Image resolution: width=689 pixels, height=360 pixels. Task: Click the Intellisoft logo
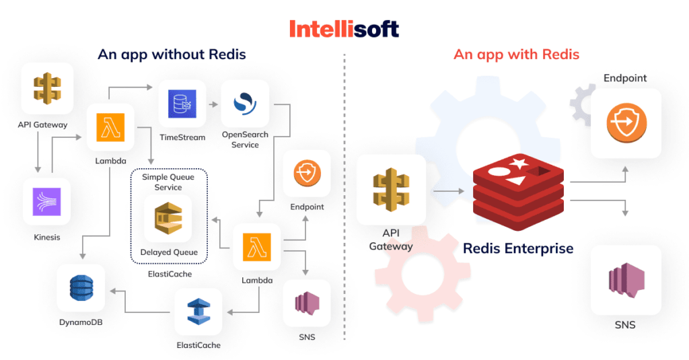click(x=344, y=28)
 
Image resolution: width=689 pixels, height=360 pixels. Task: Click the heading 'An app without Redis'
click(x=172, y=55)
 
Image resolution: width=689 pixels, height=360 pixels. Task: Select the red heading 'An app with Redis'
click(x=516, y=55)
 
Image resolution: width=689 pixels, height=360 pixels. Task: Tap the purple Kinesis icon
click(x=46, y=202)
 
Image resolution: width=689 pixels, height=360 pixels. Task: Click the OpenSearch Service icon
click(x=245, y=104)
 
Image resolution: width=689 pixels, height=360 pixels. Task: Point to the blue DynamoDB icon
click(x=81, y=289)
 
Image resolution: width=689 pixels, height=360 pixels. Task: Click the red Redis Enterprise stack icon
click(x=518, y=190)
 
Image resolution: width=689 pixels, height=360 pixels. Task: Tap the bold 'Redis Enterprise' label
click(x=518, y=248)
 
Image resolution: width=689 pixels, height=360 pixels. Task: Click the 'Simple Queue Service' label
click(x=168, y=182)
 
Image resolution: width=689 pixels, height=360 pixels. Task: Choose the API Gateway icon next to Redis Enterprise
click(x=391, y=190)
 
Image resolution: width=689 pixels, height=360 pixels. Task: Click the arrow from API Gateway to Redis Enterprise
click(x=448, y=192)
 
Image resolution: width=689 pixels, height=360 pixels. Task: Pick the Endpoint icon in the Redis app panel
click(x=626, y=123)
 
